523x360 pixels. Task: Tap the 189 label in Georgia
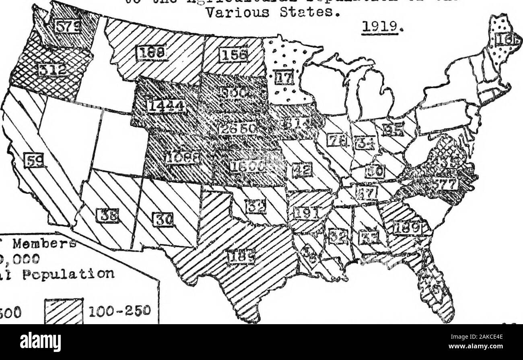pos(407,228)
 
